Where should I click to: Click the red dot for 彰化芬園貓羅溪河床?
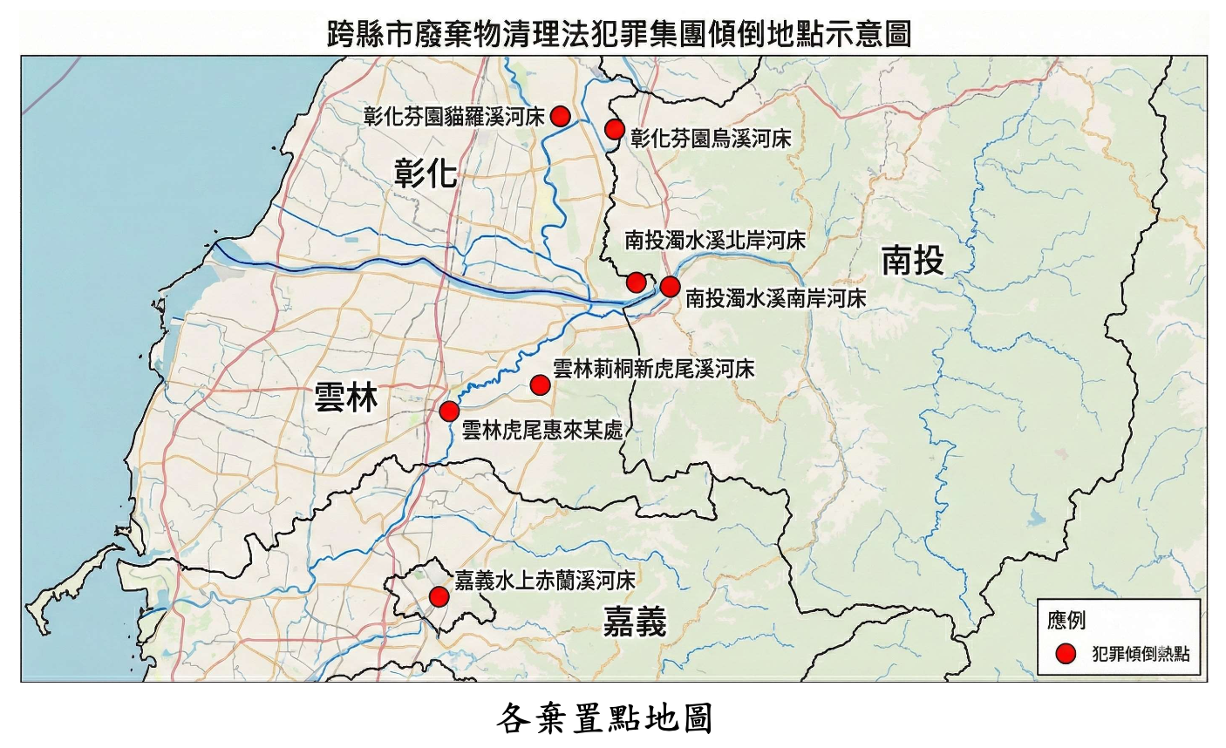(x=561, y=116)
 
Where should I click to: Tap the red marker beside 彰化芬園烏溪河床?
(x=615, y=130)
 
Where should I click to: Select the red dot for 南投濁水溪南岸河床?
(x=670, y=286)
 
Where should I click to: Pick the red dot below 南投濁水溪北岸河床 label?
(x=637, y=282)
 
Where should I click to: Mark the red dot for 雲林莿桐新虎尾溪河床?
(x=540, y=384)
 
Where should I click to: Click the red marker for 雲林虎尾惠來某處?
(x=449, y=411)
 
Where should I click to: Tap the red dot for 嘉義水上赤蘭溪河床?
(x=439, y=596)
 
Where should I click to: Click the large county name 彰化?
(x=426, y=173)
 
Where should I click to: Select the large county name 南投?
(x=912, y=261)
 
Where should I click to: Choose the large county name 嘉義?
(x=635, y=622)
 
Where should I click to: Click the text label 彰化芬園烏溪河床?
(x=711, y=138)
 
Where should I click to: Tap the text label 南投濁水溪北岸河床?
(x=715, y=241)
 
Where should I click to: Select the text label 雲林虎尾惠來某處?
(x=541, y=430)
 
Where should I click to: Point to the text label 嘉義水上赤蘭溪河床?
(x=544, y=580)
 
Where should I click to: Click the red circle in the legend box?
(x=1064, y=654)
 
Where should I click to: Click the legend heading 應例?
(x=1066, y=620)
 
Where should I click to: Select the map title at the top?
(x=619, y=33)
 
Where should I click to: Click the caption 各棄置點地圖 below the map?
(x=605, y=719)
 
